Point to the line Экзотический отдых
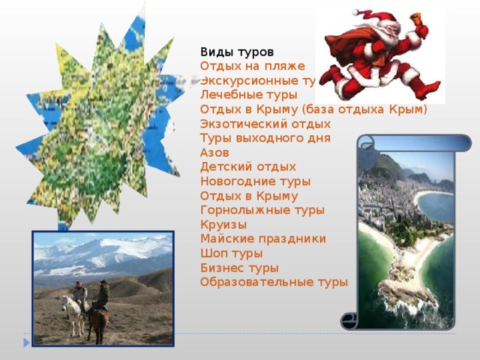pyautogui.click(x=265, y=124)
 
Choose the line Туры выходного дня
pyautogui.click(x=265, y=138)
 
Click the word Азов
pyautogui.click(x=214, y=152)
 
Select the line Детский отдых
pyautogui.click(x=248, y=166)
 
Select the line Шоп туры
pyautogui.click(x=231, y=253)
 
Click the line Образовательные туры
pyautogui.click(x=274, y=282)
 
